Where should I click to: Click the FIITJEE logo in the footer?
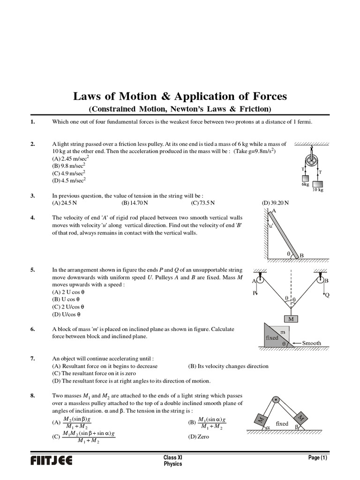coord(51,461)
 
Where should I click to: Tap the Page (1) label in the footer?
coord(317,457)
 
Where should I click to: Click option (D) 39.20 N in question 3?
coord(275,203)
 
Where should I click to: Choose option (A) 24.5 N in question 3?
coord(66,203)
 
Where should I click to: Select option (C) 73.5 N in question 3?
coord(202,203)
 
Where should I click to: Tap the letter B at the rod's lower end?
coord(302,255)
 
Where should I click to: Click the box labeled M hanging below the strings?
coord(291,319)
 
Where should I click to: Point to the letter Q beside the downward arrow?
coord(327,295)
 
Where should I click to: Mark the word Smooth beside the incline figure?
coord(312,343)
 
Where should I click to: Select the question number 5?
coord(32,270)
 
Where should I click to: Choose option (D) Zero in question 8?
coord(199,436)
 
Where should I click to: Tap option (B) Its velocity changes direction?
coord(228,366)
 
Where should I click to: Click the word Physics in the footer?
coord(173,464)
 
